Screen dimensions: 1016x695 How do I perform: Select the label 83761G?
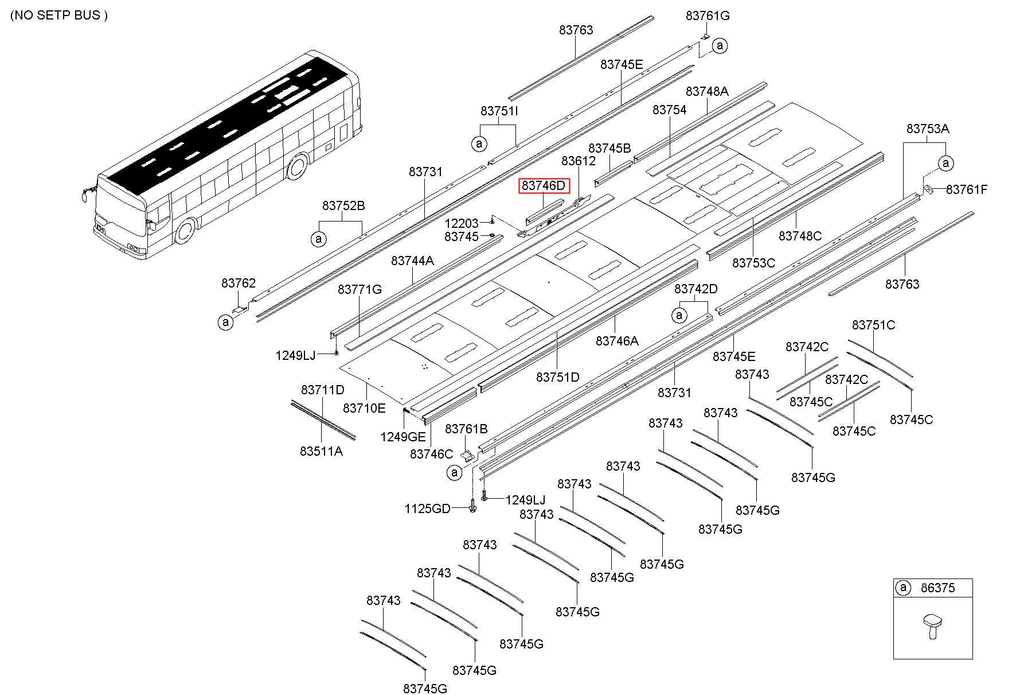pyautogui.click(x=708, y=15)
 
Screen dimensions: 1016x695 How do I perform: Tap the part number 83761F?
pyautogui.click(x=966, y=189)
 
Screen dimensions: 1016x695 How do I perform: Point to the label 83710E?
pyautogui.click(x=364, y=408)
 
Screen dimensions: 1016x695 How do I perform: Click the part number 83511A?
pyautogui.click(x=321, y=451)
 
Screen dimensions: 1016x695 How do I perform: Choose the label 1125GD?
pyautogui.click(x=428, y=508)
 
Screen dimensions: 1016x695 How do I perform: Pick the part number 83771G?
pyautogui.click(x=359, y=289)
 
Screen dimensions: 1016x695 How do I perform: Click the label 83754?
pyautogui.click(x=669, y=109)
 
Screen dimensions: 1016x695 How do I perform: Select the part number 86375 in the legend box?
pyautogui.click(x=937, y=588)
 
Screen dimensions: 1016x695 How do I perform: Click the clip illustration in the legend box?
pyautogui.click(x=932, y=627)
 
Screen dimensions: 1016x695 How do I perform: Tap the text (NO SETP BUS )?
pyautogui.click(x=59, y=15)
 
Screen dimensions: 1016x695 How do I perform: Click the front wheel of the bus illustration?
pyautogui.click(x=185, y=230)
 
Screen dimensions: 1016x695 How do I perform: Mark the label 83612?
pyautogui.click(x=579, y=161)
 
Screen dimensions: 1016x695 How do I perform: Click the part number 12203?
pyautogui.click(x=462, y=223)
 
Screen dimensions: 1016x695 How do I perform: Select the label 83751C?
pyautogui.click(x=873, y=325)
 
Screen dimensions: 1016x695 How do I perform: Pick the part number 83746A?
pyautogui.click(x=617, y=341)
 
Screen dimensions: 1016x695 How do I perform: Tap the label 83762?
pyautogui.click(x=239, y=283)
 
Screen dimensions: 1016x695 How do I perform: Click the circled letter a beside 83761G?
pyautogui.click(x=720, y=45)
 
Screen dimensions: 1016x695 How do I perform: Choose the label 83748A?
pyautogui.click(x=707, y=91)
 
